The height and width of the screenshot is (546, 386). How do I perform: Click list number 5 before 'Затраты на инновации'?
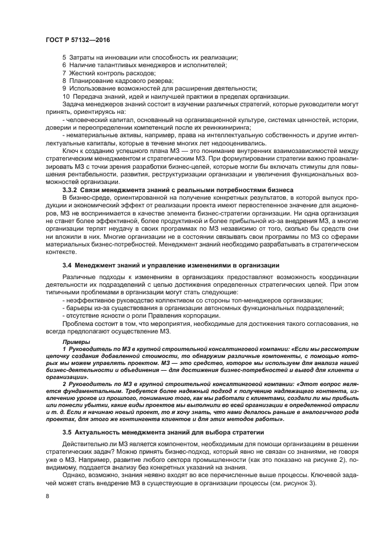click(x=64, y=57)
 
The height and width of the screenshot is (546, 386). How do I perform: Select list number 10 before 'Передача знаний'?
click(x=65, y=96)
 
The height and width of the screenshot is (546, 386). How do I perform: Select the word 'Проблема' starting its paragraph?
click(x=77, y=323)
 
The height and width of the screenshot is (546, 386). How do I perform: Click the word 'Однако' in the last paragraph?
click(x=74, y=475)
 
